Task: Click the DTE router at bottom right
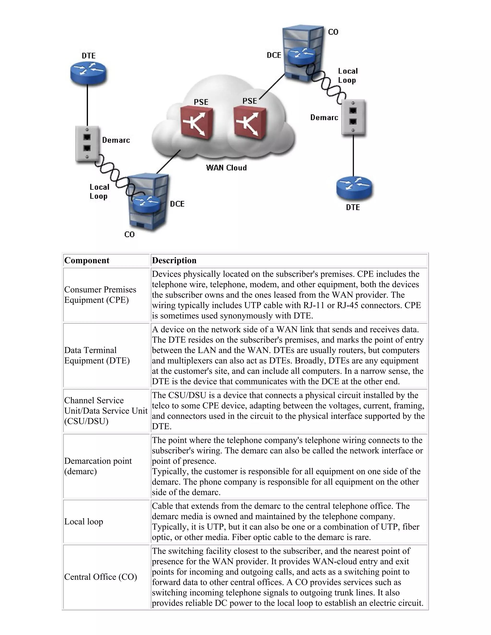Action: [354, 188]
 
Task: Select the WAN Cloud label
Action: [226, 168]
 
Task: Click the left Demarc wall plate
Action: [87, 143]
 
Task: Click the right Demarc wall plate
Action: [353, 117]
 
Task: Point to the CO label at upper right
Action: [333, 32]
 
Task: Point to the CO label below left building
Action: [129, 234]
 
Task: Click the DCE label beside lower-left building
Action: [177, 204]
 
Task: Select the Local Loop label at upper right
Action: [348, 75]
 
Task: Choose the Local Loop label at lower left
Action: [99, 192]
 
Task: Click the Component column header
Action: [87, 260]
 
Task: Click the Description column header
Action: [174, 260]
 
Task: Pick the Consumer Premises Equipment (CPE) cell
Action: [100, 294]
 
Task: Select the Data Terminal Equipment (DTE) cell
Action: [97, 355]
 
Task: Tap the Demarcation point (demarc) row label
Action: [98, 466]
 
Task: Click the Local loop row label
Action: [84, 522]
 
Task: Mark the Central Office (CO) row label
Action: [101, 577]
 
